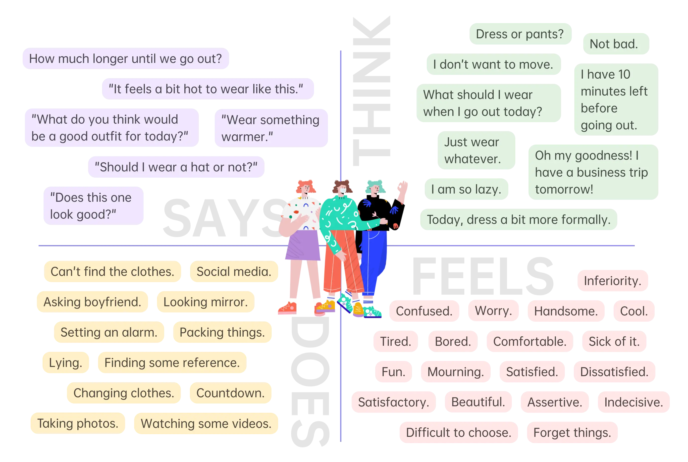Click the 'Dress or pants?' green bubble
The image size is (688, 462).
point(520,34)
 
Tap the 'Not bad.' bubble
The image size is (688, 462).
point(616,44)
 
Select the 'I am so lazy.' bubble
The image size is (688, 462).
point(466,189)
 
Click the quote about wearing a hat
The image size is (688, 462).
point(176,167)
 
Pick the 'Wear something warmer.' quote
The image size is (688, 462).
point(270,128)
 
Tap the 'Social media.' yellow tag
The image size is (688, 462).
point(234,272)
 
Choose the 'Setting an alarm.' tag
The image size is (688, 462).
point(109,332)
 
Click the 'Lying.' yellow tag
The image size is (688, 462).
point(65,363)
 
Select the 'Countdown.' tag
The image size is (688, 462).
point(230,393)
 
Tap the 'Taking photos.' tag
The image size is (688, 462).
point(77,423)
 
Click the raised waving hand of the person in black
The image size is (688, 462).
point(403,187)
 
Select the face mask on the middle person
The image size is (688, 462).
point(343,191)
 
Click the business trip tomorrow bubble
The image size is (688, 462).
point(592,172)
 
